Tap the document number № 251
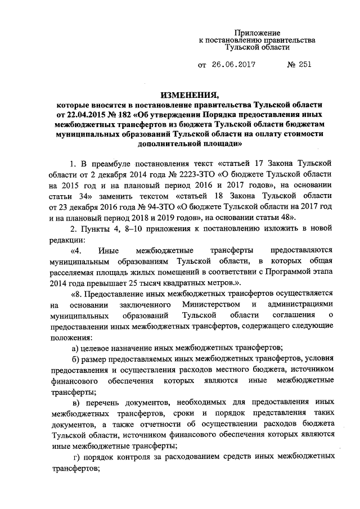pos(298,65)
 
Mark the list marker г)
pos(78,456)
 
